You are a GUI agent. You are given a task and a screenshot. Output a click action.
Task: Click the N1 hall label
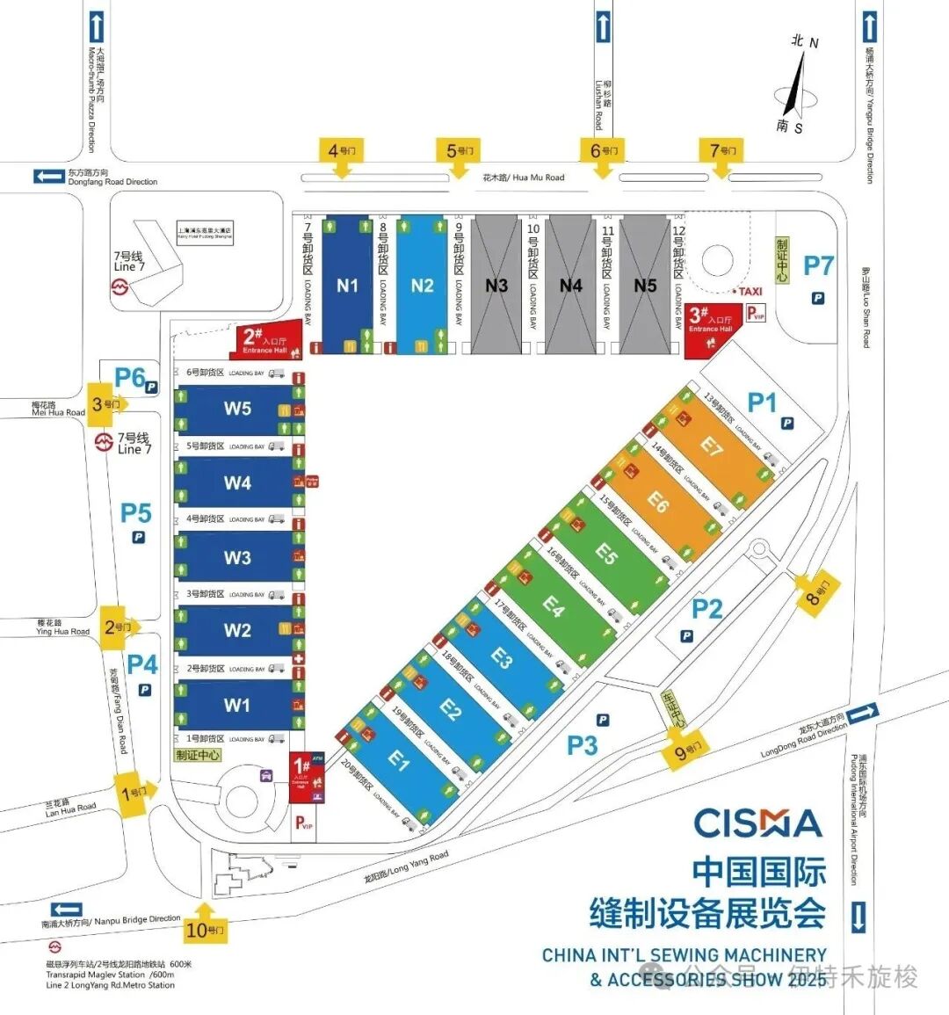pyautogui.click(x=347, y=286)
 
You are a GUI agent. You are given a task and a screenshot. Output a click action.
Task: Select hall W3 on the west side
pyautogui.click(x=237, y=558)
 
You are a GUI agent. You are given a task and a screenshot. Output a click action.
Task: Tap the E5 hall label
pyautogui.click(x=606, y=553)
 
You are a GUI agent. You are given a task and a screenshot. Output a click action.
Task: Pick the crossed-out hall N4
pyautogui.click(x=571, y=286)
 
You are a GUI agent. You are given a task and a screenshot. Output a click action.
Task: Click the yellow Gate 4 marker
pyautogui.click(x=342, y=151)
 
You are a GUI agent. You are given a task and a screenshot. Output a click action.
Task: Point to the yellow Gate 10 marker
pyautogui.click(x=205, y=928)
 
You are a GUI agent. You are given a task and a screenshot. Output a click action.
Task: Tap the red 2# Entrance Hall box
pyautogui.click(x=264, y=340)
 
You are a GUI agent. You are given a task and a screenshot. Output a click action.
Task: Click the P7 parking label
pyautogui.click(x=818, y=265)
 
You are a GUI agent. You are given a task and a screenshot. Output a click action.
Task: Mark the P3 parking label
pyautogui.click(x=582, y=745)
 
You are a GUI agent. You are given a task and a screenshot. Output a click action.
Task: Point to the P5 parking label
pyautogui.click(x=136, y=513)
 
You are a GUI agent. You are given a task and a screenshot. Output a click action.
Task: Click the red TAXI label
pyautogui.click(x=750, y=291)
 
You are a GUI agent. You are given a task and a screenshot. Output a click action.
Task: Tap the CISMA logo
pyautogui.click(x=757, y=823)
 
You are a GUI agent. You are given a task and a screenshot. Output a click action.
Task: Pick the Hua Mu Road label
pyautogui.click(x=524, y=178)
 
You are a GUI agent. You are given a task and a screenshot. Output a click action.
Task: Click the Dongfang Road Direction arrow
pyautogui.click(x=48, y=177)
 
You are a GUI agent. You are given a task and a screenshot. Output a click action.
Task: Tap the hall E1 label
pyautogui.click(x=399, y=760)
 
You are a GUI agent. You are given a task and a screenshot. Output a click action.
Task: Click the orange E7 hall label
pyautogui.click(x=711, y=446)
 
